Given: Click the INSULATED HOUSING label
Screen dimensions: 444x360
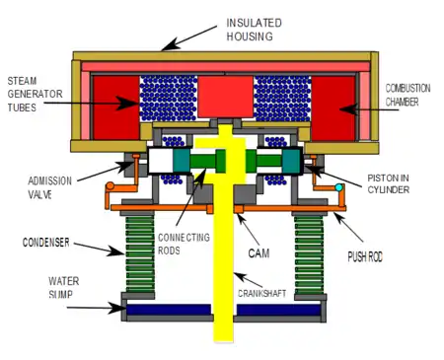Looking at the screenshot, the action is click(254, 30).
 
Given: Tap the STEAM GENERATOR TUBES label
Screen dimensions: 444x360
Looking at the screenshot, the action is click(35, 94).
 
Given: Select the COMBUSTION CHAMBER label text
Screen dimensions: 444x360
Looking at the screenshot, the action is click(407, 95).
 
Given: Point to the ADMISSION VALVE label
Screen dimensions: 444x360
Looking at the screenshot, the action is click(49, 187).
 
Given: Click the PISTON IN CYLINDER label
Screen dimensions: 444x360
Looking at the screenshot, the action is click(388, 183).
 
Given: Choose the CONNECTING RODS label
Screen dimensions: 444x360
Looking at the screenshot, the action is click(184, 244).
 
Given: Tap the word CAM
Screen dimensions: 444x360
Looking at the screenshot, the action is click(259, 253).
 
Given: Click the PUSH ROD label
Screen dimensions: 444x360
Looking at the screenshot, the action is click(365, 256).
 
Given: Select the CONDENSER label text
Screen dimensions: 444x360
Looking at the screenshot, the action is click(46, 243).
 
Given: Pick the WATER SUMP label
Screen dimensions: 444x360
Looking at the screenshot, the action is click(64, 287).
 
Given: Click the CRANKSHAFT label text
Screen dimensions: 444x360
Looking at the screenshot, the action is click(261, 293).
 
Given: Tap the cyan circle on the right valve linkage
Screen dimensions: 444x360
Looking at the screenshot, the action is click(338, 187).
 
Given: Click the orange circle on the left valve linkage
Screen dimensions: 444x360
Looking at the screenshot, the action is click(110, 186).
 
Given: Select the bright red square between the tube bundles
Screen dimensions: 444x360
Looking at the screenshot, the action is click(225, 97).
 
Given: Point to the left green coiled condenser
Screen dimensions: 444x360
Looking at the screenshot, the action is click(140, 253).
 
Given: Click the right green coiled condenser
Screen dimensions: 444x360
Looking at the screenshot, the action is click(309, 254).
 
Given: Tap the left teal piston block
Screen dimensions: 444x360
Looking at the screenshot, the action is click(182, 161).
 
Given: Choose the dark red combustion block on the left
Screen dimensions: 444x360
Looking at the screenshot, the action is click(116, 108).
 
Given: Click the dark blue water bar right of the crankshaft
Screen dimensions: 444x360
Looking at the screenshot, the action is click(278, 310).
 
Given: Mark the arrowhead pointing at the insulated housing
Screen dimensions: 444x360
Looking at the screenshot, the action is click(170, 45).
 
